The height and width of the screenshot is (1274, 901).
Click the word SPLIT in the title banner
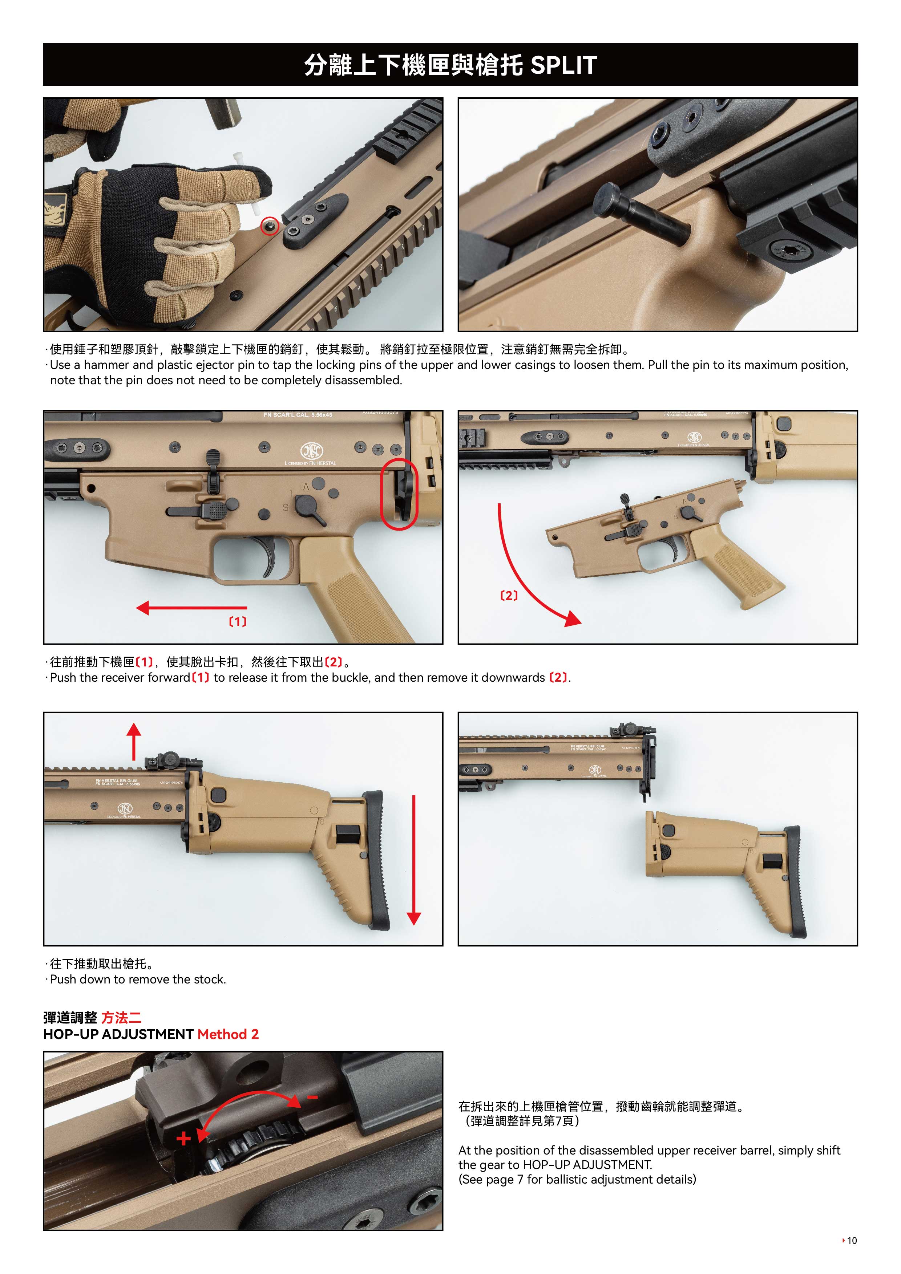coord(563,65)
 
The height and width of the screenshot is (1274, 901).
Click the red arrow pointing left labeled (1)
coord(191,608)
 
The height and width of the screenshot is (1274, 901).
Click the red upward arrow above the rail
coord(134,741)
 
